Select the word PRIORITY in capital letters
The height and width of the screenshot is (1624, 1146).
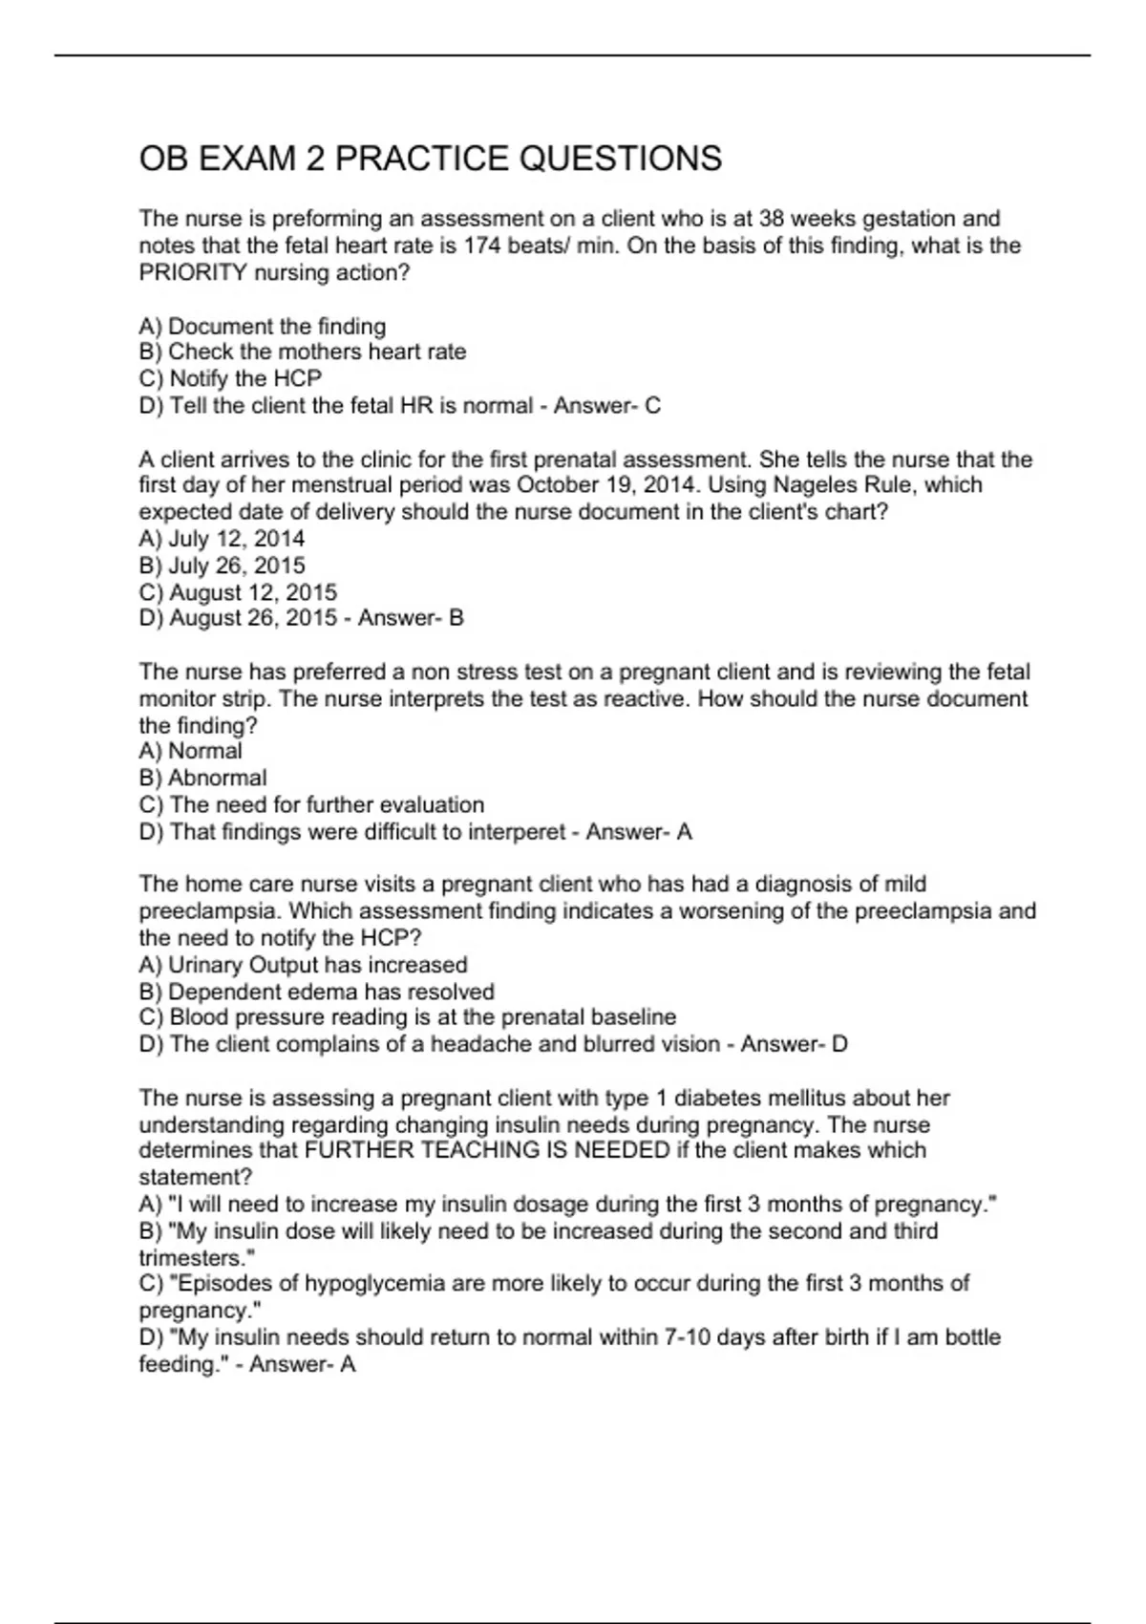pyautogui.click(x=193, y=272)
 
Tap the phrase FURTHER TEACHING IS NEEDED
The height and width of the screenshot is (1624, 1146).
pyautogui.click(x=487, y=1150)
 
